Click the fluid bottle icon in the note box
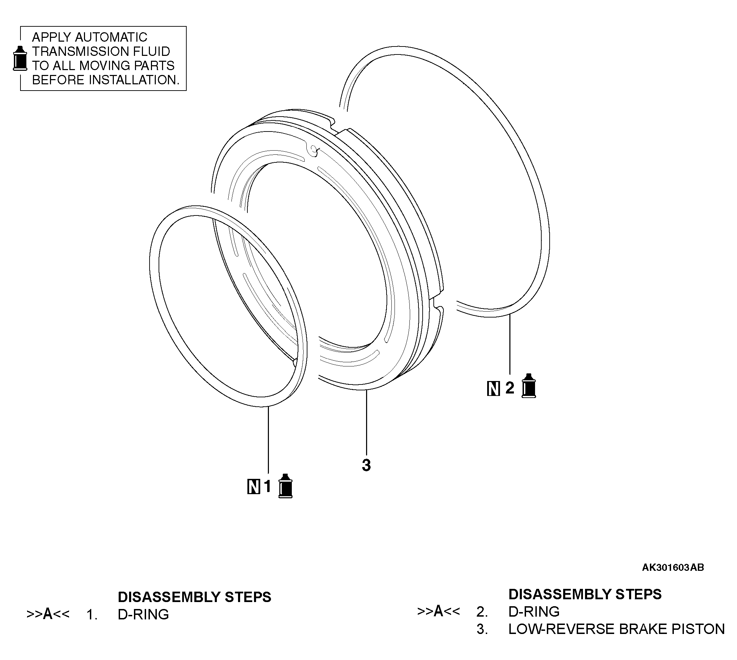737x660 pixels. coord(20,58)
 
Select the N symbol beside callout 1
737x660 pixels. coord(254,486)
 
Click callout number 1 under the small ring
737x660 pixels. coord(268,486)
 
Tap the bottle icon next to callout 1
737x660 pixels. coord(286,486)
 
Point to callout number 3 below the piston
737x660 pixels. coord(366,465)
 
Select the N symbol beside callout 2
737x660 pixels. coord(493,388)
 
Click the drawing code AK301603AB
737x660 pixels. coord(673,568)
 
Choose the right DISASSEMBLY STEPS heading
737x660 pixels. coord(585,594)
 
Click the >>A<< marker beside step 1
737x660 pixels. coord(48,614)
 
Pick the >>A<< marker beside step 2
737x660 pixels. coord(439,611)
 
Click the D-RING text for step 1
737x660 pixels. coord(143,614)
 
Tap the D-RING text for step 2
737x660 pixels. coord(534,611)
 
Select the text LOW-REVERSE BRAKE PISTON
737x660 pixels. coord(616,629)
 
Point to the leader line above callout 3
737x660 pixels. coord(366,421)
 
